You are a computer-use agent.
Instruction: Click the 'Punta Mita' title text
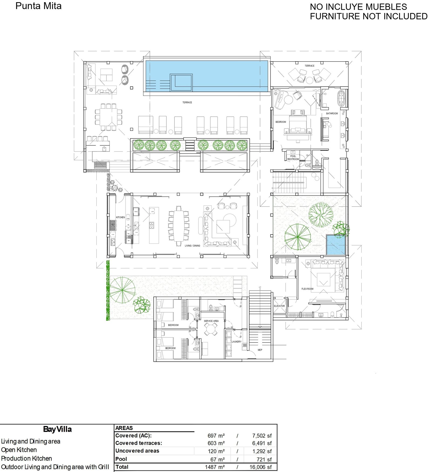[x=38, y=6]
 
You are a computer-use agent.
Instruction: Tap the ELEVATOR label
[x=279, y=306]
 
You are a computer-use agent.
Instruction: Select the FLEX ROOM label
[x=307, y=289]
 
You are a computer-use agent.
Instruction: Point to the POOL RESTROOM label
[x=293, y=158]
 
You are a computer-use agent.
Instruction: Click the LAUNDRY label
[x=237, y=342]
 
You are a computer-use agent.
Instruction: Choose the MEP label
[x=260, y=350]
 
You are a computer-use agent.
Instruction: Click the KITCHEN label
[x=120, y=217]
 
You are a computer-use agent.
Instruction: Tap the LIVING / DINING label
[x=193, y=246]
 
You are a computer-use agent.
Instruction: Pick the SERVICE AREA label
[x=211, y=321]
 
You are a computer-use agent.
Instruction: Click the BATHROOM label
[x=332, y=114]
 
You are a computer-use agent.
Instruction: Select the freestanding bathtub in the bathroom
[x=341, y=98]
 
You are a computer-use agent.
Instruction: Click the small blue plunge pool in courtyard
[x=336, y=245]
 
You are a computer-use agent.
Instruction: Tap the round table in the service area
[x=211, y=329]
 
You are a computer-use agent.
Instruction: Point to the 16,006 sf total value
[x=261, y=467]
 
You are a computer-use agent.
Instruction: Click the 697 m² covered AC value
[x=216, y=436]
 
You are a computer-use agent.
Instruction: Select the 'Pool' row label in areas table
[x=121, y=459]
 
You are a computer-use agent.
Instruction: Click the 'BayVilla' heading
[x=58, y=429]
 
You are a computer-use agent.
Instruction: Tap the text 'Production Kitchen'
[x=26, y=458]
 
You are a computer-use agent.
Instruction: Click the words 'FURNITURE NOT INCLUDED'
[x=369, y=16]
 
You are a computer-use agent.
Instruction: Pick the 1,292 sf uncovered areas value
[x=262, y=451]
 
